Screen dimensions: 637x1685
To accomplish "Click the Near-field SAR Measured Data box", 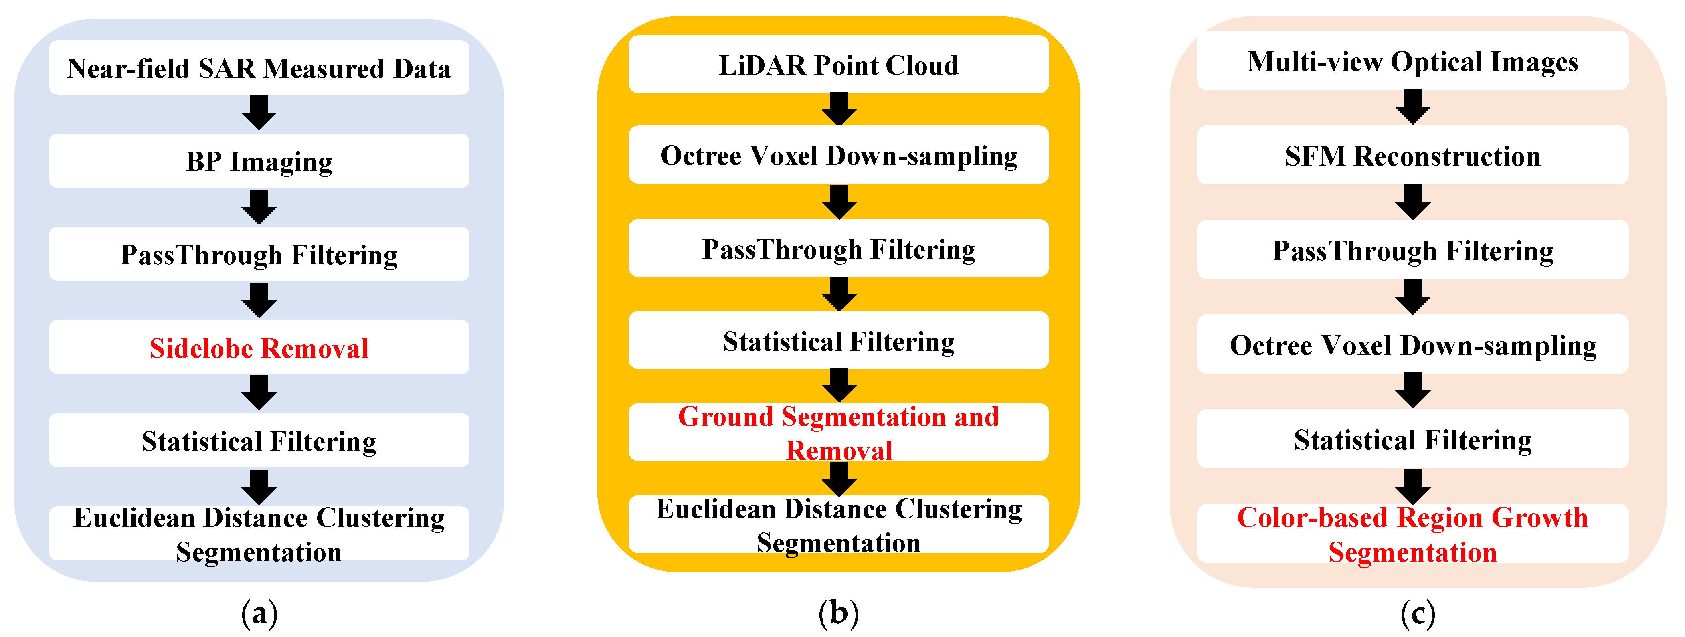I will (x=259, y=68).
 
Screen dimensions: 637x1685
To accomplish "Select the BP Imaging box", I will (x=259, y=161).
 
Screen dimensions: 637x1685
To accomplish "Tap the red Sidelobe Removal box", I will (x=259, y=347).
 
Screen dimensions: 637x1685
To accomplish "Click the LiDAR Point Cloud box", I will (x=839, y=65).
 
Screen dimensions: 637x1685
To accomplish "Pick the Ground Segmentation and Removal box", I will (x=839, y=432).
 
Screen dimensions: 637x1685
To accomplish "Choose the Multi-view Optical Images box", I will (x=1412, y=61).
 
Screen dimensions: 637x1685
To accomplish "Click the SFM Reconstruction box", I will (x=1412, y=156).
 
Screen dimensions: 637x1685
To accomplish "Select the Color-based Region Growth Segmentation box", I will (x=1412, y=534).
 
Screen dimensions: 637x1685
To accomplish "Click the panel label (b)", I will (x=839, y=613).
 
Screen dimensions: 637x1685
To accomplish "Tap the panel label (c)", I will (x=1418, y=613).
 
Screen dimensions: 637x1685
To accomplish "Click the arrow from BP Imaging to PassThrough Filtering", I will (x=259, y=207).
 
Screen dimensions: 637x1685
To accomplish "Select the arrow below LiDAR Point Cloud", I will (x=839, y=109).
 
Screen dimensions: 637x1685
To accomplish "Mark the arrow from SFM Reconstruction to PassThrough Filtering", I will (x=1412, y=202).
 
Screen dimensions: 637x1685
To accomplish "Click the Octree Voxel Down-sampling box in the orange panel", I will (x=839, y=155).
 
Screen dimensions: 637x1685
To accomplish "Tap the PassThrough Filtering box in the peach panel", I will (x=1412, y=250).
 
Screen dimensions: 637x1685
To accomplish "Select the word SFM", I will (x=1315, y=156).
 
